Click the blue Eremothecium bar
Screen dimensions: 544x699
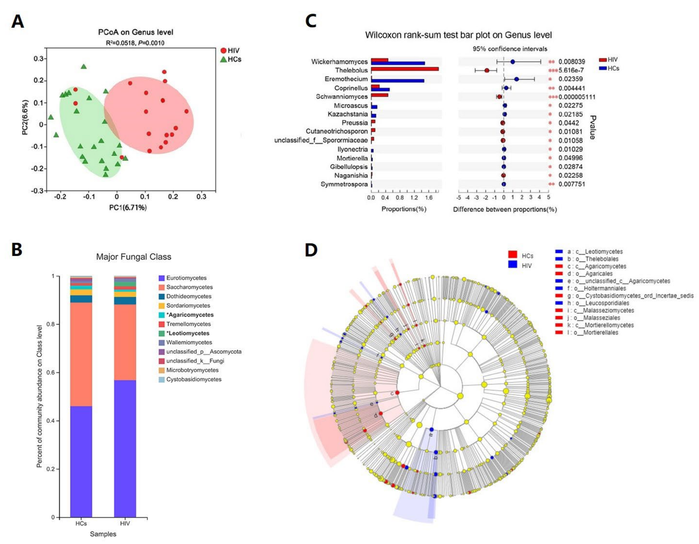point(398,81)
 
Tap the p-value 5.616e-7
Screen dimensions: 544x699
point(571,70)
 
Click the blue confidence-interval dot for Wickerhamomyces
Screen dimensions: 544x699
point(512,62)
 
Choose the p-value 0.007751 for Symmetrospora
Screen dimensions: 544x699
point(572,184)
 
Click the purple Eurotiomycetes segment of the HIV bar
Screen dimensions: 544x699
point(125,448)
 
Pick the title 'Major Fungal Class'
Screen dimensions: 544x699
point(134,257)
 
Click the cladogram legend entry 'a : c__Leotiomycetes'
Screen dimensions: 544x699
point(595,252)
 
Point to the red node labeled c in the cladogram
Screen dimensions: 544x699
point(397,393)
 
